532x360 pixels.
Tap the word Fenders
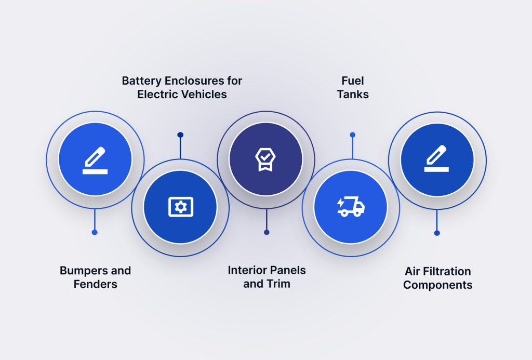tap(95, 284)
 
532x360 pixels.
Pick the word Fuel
tap(352, 81)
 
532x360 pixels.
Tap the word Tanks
tap(352, 95)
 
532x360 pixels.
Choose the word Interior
tap(248, 270)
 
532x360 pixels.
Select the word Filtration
tap(447, 271)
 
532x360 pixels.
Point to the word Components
tap(437, 285)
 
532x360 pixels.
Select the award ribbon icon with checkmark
tap(265, 158)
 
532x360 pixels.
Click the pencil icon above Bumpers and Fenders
tap(95, 160)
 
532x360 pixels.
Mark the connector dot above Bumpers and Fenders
tap(95, 232)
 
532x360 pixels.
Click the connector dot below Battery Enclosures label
tap(180, 135)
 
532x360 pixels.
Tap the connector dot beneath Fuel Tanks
tap(352, 135)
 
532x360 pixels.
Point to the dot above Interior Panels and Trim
tap(267, 232)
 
